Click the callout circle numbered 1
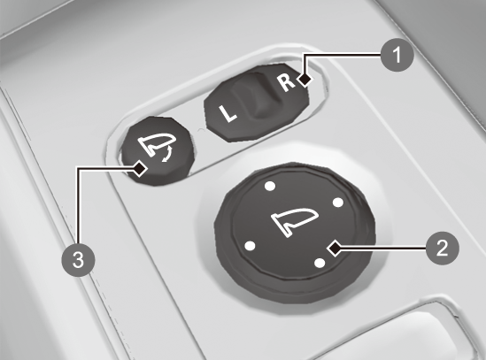click(x=397, y=55)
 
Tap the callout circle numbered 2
click(x=443, y=248)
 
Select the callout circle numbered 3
click(x=78, y=260)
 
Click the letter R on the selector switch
click(x=286, y=82)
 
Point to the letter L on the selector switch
click(x=228, y=114)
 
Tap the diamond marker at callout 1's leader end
click(x=305, y=80)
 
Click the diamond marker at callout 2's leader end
click(x=335, y=248)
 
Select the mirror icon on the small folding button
click(x=157, y=144)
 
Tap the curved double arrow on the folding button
click(x=167, y=155)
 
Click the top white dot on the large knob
click(x=270, y=186)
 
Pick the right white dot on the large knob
click(x=338, y=203)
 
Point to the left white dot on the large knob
click(x=251, y=246)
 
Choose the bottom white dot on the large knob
click(x=320, y=263)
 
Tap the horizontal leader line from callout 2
click(x=383, y=248)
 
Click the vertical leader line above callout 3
click(x=78, y=205)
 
